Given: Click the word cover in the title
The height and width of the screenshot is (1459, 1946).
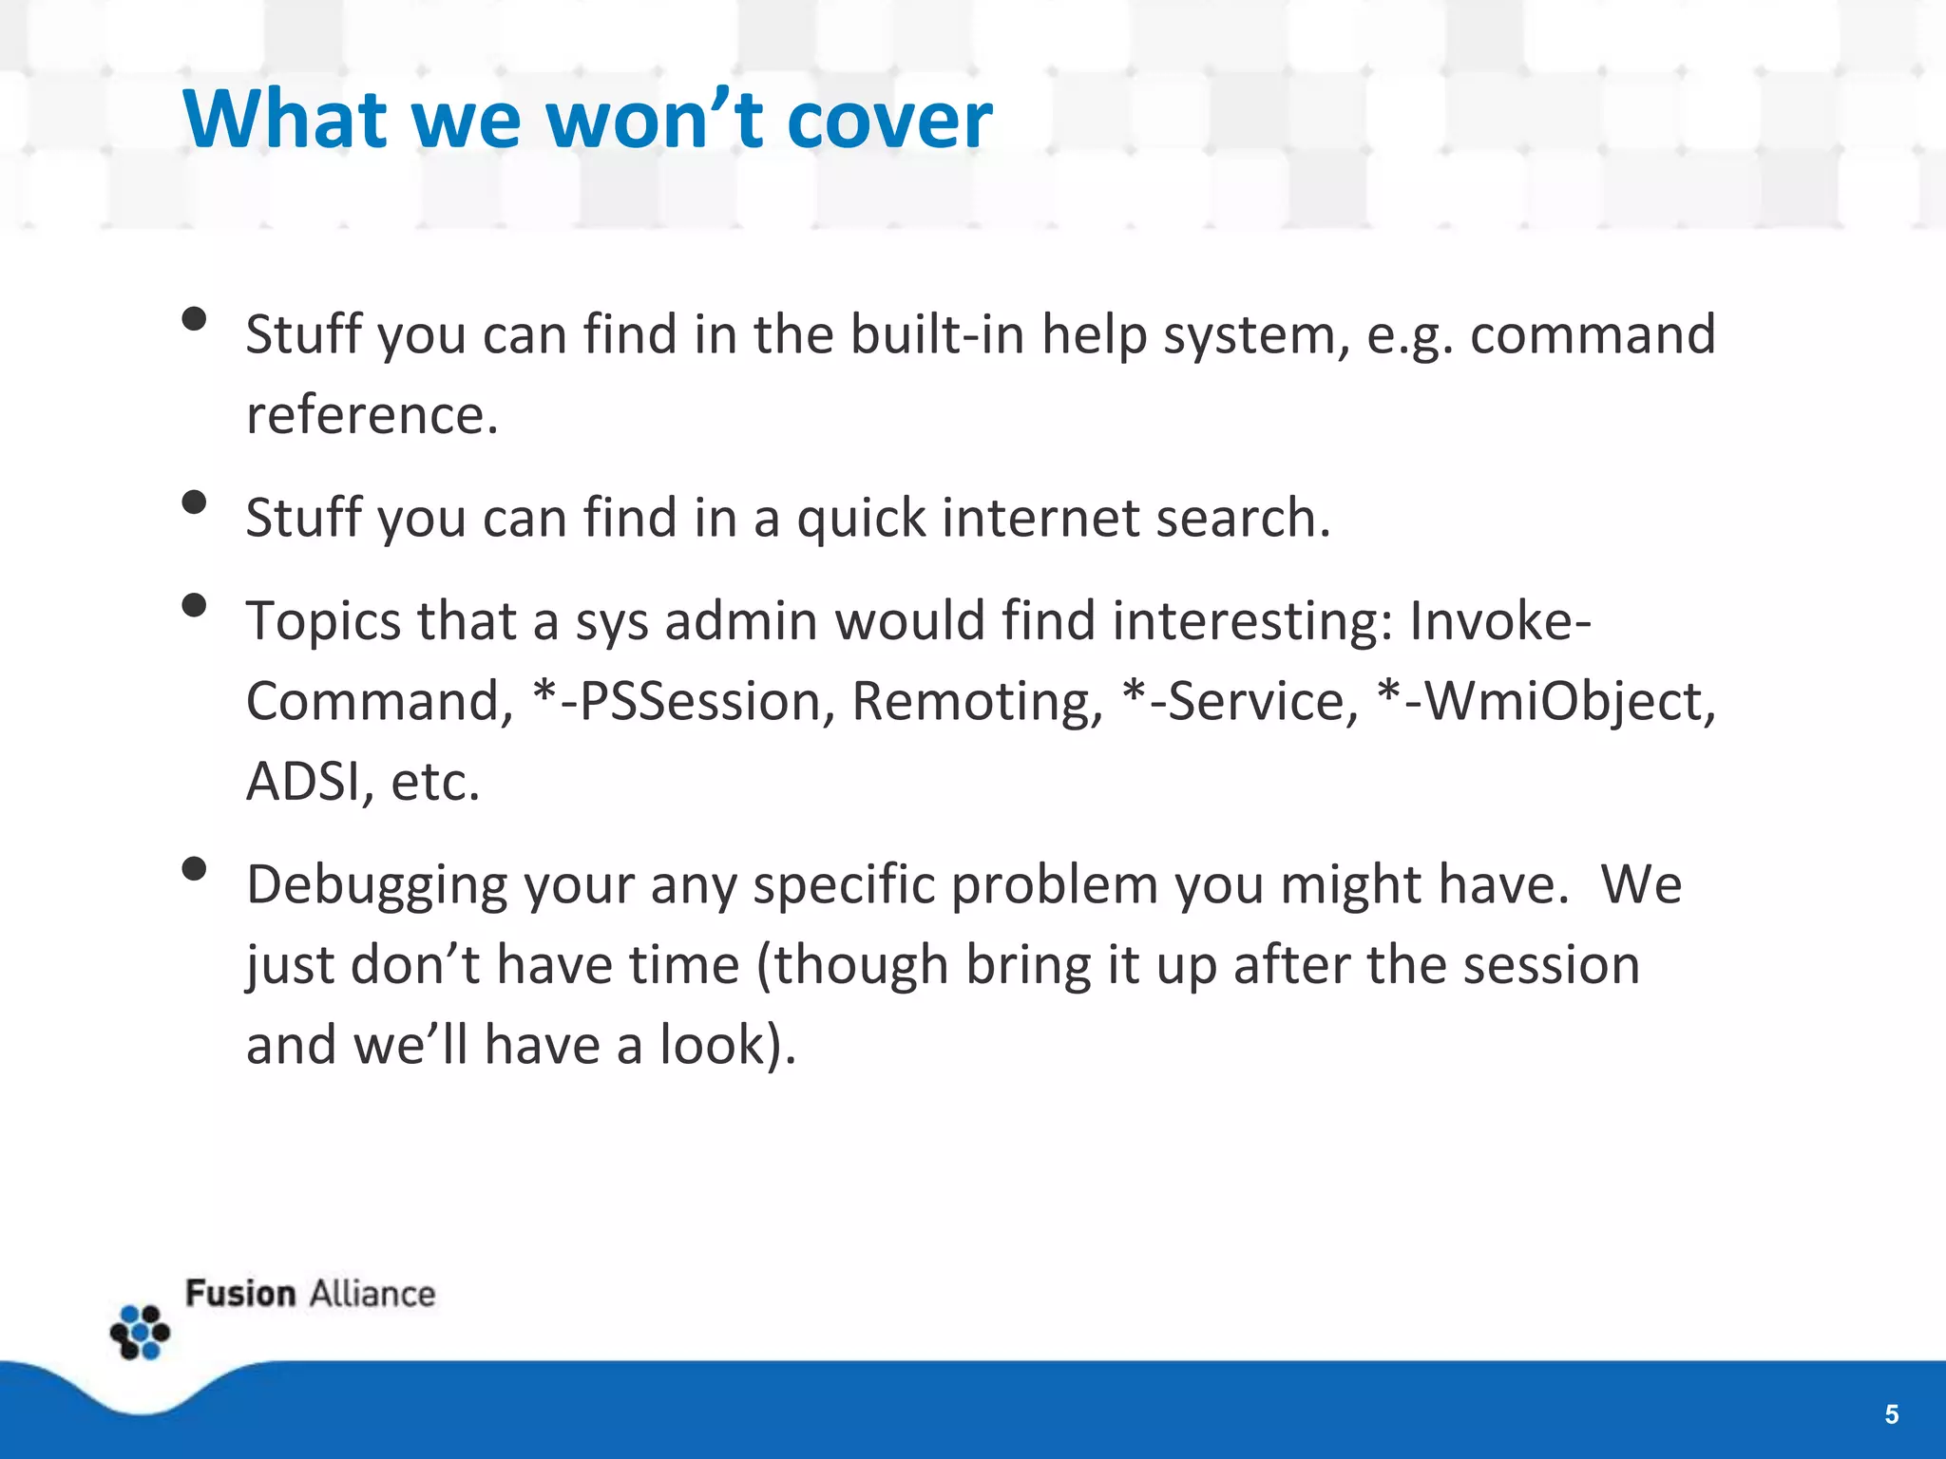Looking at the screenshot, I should point(888,121).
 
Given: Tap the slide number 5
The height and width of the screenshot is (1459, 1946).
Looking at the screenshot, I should point(1891,1414).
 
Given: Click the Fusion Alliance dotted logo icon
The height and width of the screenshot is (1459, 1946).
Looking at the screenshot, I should point(140,1332).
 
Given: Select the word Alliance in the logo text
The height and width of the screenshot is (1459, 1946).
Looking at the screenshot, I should point(372,1295).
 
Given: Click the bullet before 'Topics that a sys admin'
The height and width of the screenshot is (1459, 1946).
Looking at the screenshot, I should point(194,605).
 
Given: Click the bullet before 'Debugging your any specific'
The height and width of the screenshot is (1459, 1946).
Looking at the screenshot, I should point(194,868).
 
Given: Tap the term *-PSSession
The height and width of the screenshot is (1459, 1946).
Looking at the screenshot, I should point(677,701).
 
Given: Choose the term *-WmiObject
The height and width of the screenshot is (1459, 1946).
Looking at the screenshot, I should point(1545,703).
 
